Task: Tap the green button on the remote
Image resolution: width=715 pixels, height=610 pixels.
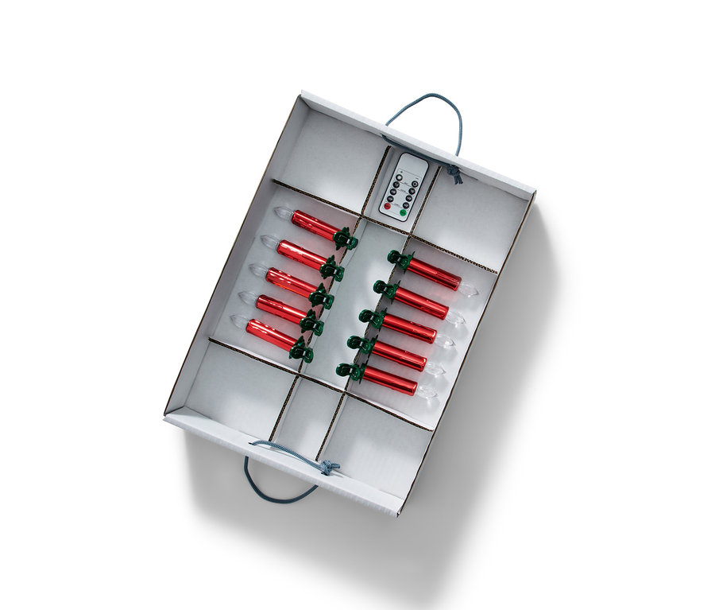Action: (403, 212)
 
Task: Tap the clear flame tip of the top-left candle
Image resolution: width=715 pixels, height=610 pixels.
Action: (282, 212)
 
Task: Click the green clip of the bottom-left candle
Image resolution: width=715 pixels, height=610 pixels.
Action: (301, 351)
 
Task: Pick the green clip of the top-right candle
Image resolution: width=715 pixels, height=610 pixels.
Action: (399, 260)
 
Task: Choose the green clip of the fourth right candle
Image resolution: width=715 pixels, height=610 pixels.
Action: (359, 344)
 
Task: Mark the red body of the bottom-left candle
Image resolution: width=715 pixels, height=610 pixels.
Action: (270, 335)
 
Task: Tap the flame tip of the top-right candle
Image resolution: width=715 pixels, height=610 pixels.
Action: (468, 289)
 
